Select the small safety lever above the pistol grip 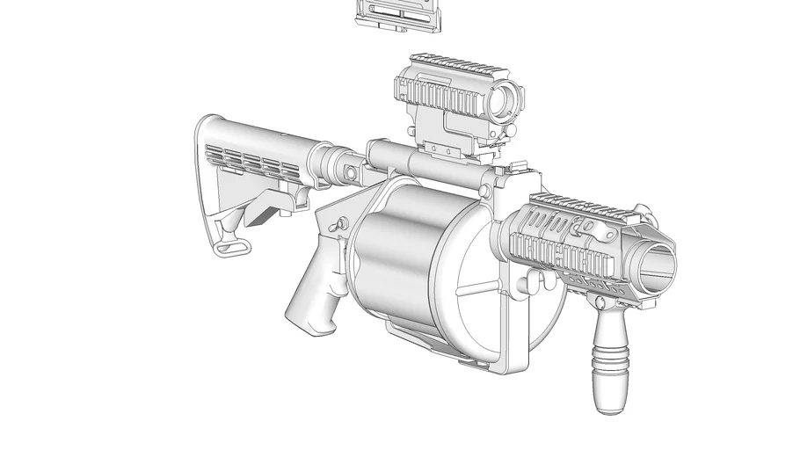[x=335, y=228]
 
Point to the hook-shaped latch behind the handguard [x=535, y=281]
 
